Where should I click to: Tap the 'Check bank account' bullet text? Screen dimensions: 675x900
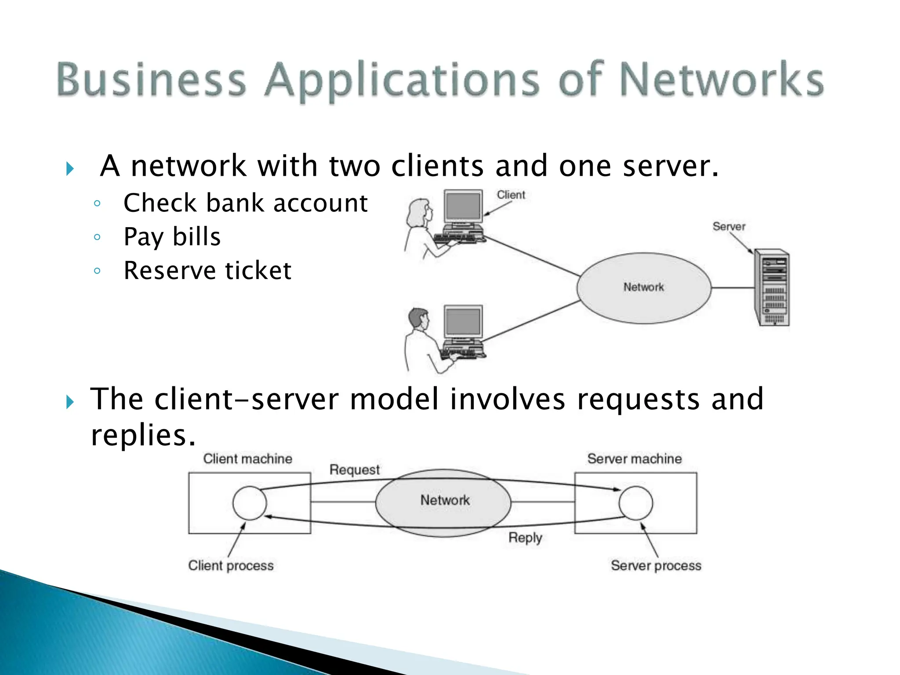245,203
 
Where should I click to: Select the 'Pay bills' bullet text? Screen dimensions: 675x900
172,237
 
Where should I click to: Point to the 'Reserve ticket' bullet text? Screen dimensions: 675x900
207,271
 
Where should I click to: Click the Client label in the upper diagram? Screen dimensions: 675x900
511,195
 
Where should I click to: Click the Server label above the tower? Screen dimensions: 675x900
729,227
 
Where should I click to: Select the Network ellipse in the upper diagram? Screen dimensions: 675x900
644,288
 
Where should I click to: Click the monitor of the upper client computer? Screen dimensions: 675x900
463,207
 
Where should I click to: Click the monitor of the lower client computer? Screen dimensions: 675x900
463,322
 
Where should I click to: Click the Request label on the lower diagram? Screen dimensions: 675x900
354,470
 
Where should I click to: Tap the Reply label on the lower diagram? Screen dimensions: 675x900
525,537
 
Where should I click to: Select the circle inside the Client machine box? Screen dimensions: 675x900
249,503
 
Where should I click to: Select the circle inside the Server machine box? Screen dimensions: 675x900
635,503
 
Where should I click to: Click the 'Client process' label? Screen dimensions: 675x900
231,566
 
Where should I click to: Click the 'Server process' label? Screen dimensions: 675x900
656,566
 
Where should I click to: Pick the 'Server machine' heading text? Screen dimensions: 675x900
634,459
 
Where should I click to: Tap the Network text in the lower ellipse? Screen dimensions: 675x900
445,500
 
